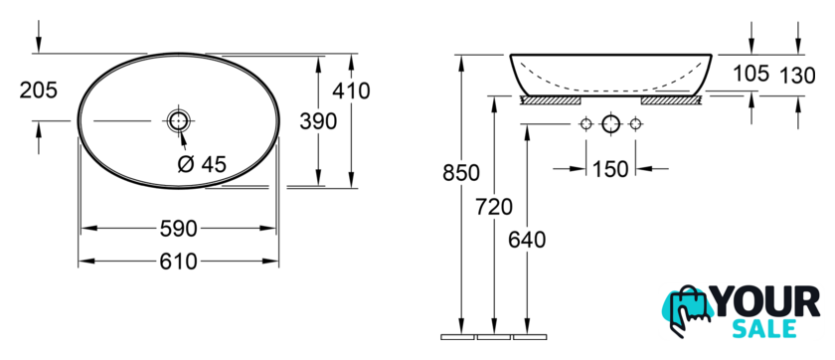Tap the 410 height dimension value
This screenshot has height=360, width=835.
tap(351, 91)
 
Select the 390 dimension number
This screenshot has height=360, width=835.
tap(318, 122)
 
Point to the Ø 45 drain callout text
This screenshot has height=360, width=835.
tap(201, 164)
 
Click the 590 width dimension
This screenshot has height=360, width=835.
tap(178, 229)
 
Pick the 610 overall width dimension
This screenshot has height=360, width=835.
tap(178, 262)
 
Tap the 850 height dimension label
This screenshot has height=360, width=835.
tap(461, 173)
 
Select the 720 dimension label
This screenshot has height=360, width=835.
tap(494, 207)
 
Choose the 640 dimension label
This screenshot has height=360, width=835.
tap(527, 241)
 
